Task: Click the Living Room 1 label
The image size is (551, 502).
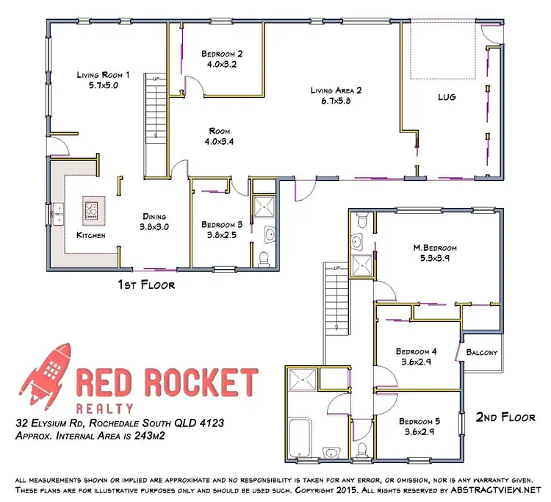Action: pyautogui.click(x=103, y=74)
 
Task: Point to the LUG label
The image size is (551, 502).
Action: pyautogui.click(x=447, y=96)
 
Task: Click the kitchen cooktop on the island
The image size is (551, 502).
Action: pyautogui.click(x=91, y=209)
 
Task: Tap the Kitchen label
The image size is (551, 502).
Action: pyautogui.click(x=92, y=235)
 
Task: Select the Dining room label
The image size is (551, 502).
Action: pyautogui.click(x=155, y=217)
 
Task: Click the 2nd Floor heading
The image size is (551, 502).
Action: pyautogui.click(x=505, y=417)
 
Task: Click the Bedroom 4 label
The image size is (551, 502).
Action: pyautogui.click(x=416, y=351)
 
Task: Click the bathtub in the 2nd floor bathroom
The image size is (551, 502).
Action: pyautogui.click(x=301, y=433)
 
